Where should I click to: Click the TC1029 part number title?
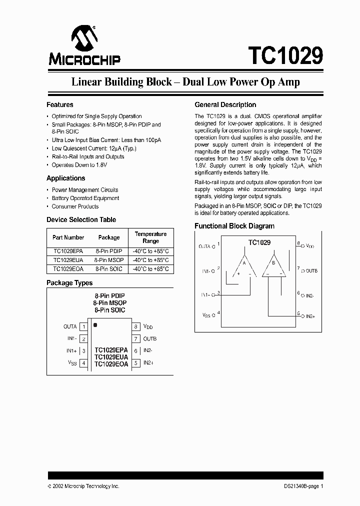point(285,54)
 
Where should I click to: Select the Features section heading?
point(60,105)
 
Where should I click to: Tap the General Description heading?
point(225,105)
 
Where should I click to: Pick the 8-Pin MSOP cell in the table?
point(108,260)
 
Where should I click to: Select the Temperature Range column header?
point(150,237)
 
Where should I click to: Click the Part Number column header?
point(68,237)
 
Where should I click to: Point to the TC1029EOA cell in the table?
point(68,268)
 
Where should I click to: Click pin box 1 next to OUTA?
point(84,327)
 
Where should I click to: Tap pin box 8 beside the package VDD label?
point(135,327)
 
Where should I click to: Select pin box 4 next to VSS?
point(84,363)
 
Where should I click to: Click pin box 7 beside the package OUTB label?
point(135,339)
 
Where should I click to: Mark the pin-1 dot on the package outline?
point(95,325)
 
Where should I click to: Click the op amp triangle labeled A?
point(244,266)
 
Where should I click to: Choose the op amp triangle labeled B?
point(273,266)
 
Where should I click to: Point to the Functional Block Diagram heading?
point(234,226)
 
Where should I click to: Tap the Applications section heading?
point(66,178)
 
